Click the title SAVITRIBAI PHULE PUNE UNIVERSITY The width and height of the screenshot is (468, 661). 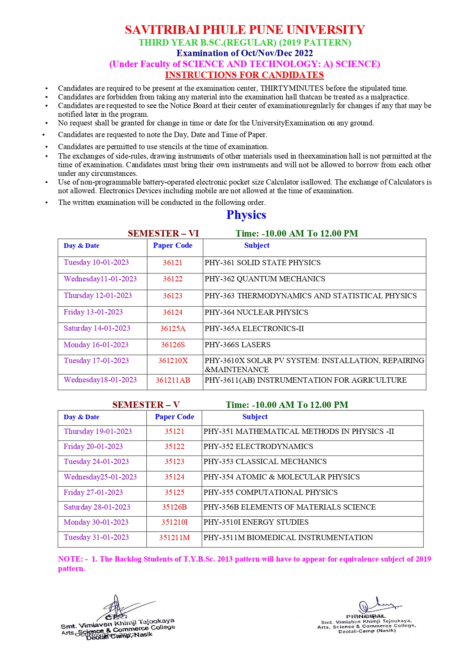point(245,30)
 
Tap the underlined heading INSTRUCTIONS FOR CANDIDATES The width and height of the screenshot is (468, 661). point(244,75)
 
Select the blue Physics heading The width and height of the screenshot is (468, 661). point(246,215)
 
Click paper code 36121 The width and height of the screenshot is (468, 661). point(172,263)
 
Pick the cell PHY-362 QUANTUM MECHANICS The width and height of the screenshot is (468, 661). point(265,279)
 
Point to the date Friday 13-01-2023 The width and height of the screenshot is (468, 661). point(93,312)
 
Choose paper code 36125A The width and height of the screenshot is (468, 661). point(173,328)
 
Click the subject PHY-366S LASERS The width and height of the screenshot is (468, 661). point(238,345)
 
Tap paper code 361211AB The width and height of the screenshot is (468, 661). point(173,380)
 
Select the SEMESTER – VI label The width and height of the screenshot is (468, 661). point(163,234)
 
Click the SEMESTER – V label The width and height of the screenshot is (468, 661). point(146,405)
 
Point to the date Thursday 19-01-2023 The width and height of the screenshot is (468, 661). point(98,432)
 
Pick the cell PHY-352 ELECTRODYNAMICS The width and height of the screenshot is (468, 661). point(258,447)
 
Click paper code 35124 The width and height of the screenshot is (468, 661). point(174,477)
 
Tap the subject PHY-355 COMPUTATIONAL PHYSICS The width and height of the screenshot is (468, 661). point(270,493)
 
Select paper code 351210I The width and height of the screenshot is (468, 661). point(174,522)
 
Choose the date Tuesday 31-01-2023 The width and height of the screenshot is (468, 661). point(96,537)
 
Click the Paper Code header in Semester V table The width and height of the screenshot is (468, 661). point(174,417)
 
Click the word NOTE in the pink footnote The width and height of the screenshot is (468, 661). point(70,559)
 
